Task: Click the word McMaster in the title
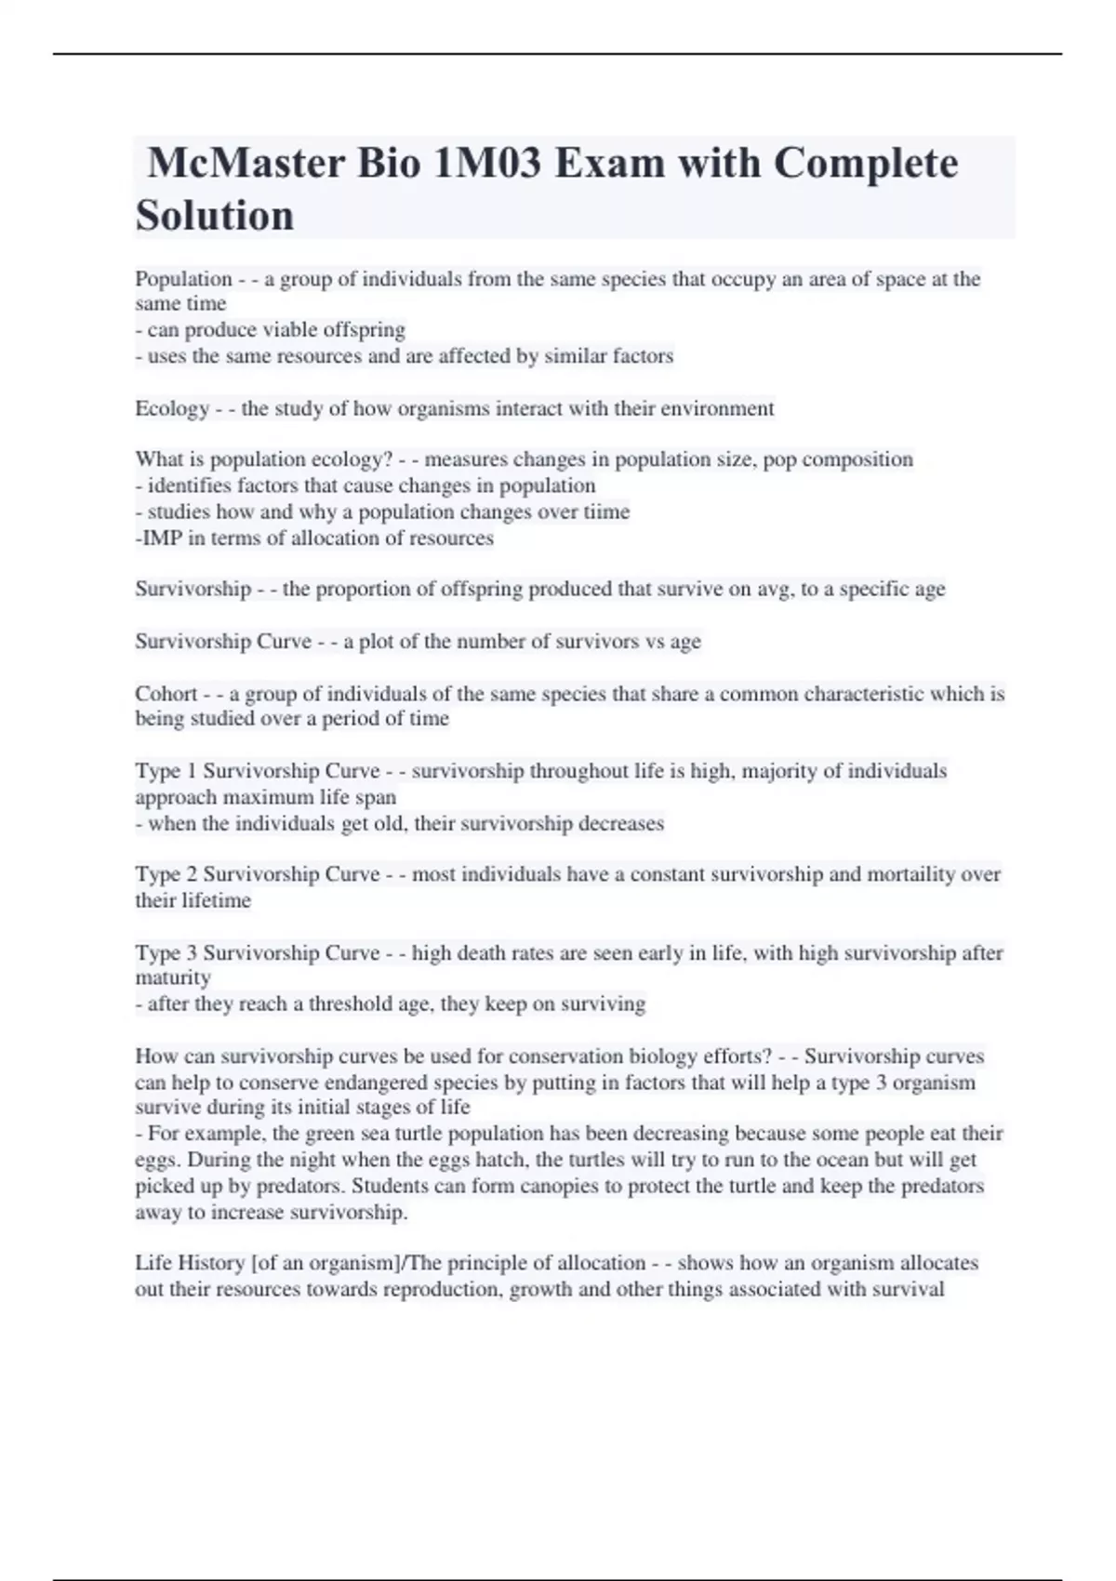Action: coord(245,164)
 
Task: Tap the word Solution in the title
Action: coord(215,216)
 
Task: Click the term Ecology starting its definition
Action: coord(172,409)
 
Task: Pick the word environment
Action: coord(717,409)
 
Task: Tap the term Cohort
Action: coord(166,694)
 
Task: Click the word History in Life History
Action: coord(211,1263)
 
